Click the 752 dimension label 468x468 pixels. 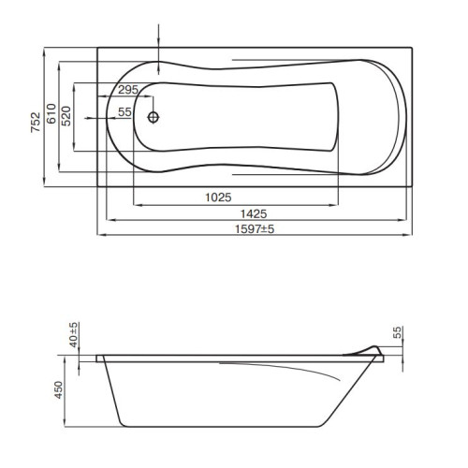tap(36, 122)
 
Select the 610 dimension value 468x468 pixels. tap(51, 113)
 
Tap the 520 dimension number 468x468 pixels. tap(66, 116)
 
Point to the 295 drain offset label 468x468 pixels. tap(128, 90)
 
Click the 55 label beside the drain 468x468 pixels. tap(124, 112)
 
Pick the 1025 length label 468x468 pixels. tap(218, 197)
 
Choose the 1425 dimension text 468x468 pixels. tap(254, 214)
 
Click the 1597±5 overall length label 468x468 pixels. tap(255, 229)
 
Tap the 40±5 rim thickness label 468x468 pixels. tap(74, 334)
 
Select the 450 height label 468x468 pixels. tap(59, 390)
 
